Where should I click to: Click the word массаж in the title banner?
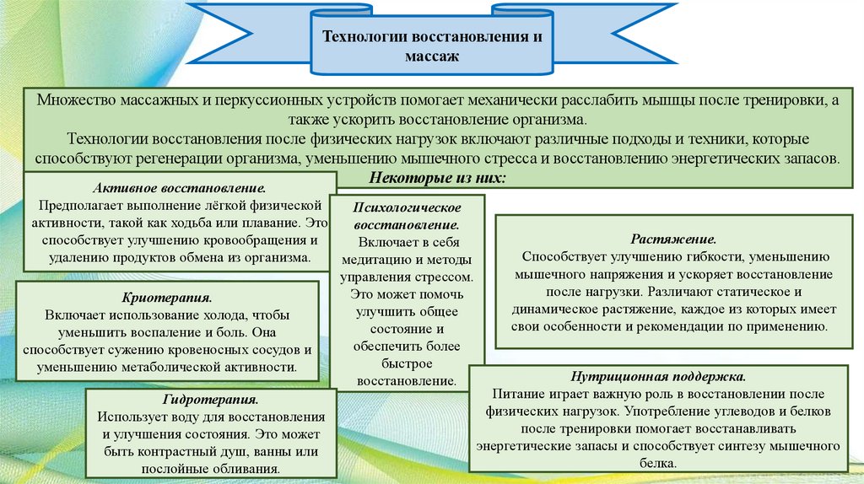[431, 57]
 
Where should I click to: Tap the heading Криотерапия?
[168, 298]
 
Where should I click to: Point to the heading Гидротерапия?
[211, 400]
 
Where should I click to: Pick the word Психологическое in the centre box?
[407, 207]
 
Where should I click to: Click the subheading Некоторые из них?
[438, 177]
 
